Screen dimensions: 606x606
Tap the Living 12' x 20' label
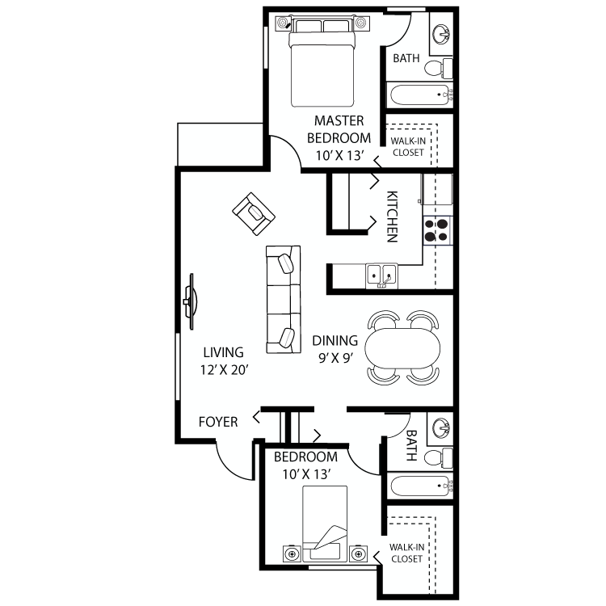pyautogui.click(x=224, y=361)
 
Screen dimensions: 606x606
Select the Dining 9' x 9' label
pyautogui.click(x=335, y=348)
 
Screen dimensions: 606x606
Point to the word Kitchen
pyautogui.click(x=392, y=217)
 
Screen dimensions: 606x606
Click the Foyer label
pyautogui.click(x=218, y=422)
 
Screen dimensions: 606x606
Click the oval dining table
pyautogui.click(x=404, y=348)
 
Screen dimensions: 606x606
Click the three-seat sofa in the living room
pyautogui.click(x=283, y=298)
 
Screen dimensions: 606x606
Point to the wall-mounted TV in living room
pyautogui.click(x=191, y=301)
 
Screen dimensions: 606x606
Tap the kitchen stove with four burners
pyautogui.click(x=437, y=230)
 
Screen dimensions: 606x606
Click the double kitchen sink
pyautogui.click(x=379, y=275)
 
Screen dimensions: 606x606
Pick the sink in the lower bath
pyautogui.click(x=440, y=427)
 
